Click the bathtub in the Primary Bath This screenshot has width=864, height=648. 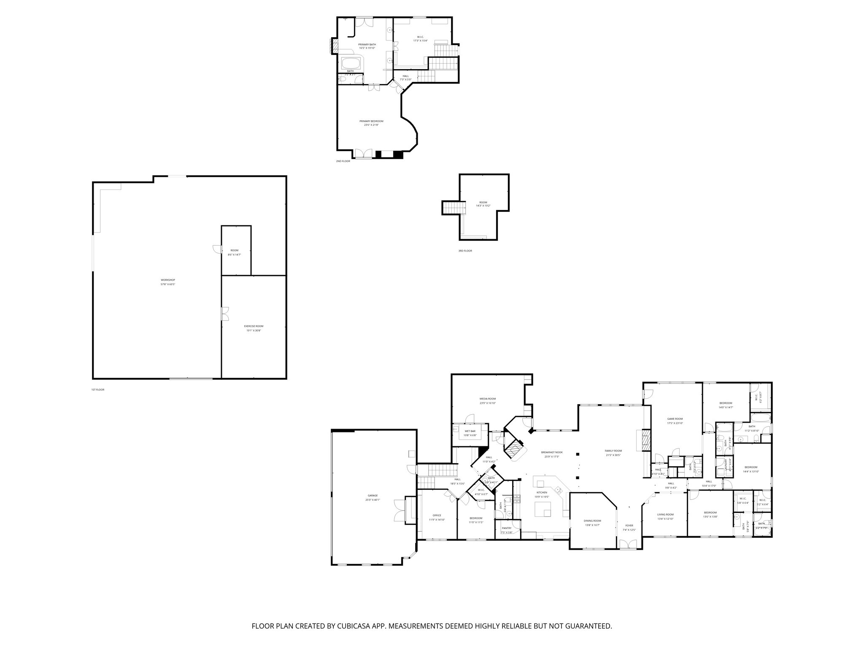[351, 64]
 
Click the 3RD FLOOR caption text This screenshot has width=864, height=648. [465, 251]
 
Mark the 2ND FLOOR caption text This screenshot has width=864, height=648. [343, 161]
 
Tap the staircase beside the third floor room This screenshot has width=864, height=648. [454, 208]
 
